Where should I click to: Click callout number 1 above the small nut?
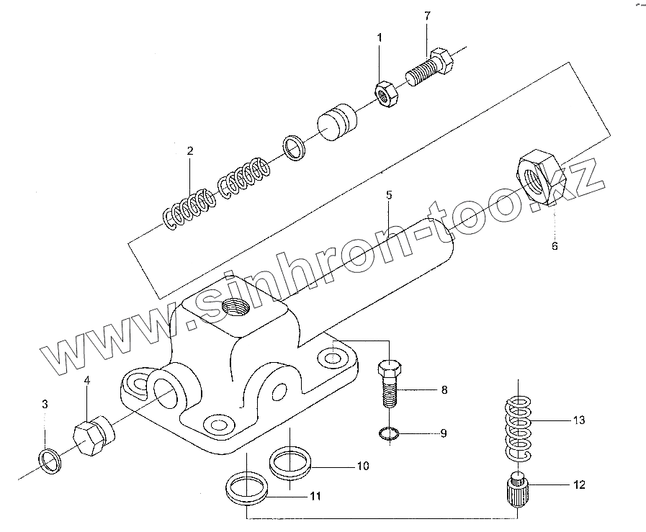click(x=380, y=37)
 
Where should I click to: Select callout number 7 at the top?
click(x=426, y=16)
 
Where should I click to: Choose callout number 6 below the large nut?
click(x=555, y=246)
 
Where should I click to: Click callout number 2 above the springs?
click(x=190, y=151)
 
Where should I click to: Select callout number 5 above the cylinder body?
click(x=389, y=195)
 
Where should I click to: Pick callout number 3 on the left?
click(x=45, y=405)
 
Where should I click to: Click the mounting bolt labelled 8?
click(x=388, y=382)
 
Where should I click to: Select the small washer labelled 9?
click(x=388, y=433)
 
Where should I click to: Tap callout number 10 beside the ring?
click(x=362, y=466)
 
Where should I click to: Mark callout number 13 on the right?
click(x=580, y=420)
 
